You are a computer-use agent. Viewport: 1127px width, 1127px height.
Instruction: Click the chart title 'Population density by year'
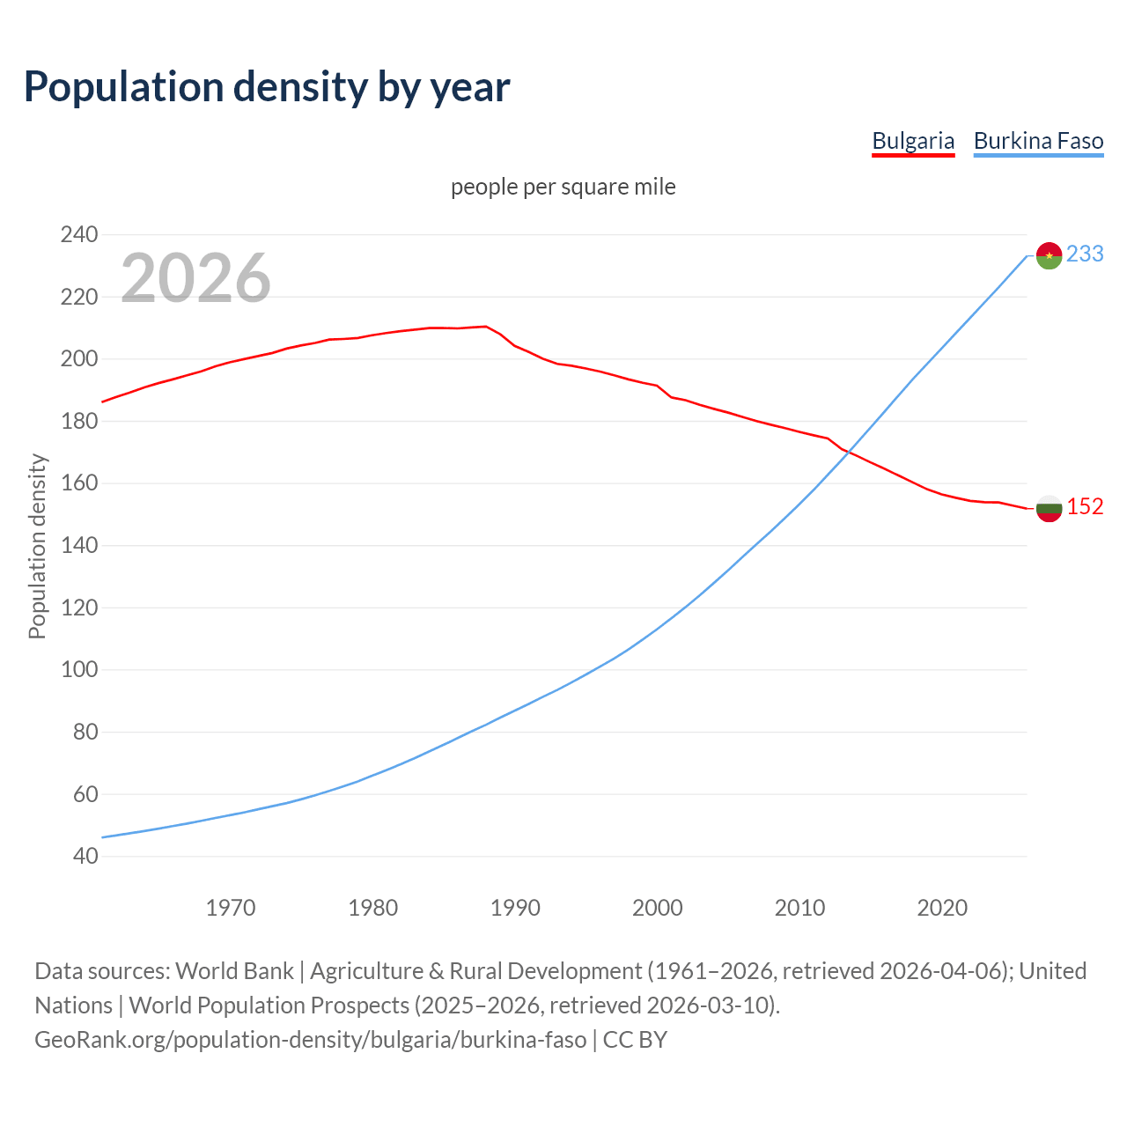266,87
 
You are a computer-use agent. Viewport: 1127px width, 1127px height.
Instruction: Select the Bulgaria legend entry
913,141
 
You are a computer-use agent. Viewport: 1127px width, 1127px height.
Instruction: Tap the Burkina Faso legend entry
1038,141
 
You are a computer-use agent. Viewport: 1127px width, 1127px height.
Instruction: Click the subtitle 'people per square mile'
563,187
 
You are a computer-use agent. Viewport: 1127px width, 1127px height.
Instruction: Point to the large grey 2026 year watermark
195,278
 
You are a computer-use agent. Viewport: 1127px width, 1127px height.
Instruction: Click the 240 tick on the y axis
78,234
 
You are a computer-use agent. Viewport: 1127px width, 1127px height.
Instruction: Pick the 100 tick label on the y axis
78,669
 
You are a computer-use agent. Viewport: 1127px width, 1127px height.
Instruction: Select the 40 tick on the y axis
85,856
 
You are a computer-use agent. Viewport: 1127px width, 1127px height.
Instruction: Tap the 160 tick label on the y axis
78,483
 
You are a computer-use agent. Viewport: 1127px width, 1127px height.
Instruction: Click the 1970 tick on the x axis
231,908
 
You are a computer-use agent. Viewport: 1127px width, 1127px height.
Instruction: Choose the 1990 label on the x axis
515,908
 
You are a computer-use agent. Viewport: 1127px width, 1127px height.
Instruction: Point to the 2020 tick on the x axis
942,908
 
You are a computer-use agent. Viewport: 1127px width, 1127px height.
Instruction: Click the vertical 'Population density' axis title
37,546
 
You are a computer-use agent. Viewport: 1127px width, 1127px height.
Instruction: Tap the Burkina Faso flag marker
1049,255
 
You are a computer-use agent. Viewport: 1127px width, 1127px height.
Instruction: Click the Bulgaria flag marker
1049,508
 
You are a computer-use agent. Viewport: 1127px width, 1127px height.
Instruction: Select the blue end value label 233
1085,254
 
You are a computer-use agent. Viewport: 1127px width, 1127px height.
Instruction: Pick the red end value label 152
1085,506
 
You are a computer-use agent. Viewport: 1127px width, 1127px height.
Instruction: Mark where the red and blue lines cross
848,454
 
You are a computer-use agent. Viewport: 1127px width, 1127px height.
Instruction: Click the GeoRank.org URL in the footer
310,1040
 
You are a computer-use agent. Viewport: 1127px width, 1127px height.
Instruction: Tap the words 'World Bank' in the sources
234,971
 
